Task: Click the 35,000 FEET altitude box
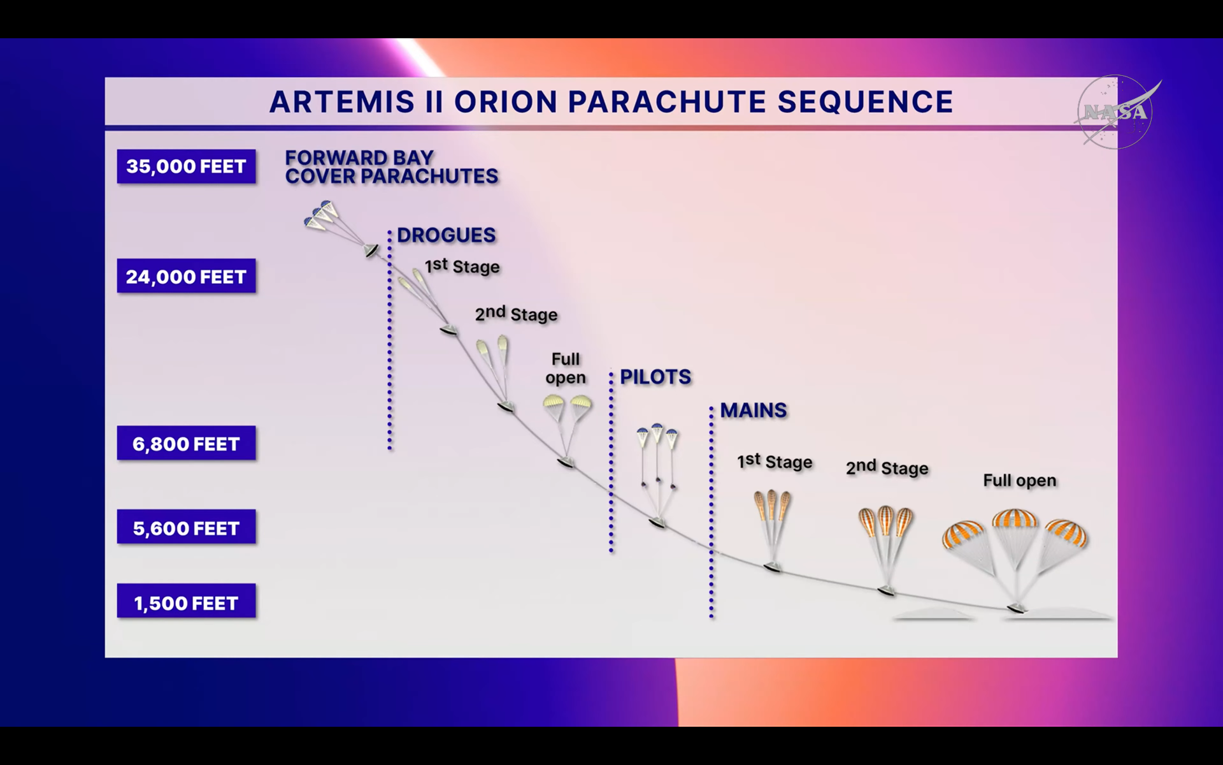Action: (186, 166)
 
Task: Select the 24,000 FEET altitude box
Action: (186, 276)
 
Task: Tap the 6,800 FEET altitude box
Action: (186, 443)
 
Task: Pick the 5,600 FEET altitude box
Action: (186, 527)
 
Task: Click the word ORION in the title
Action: (506, 102)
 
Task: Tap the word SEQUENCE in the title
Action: (865, 102)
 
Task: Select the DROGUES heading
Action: (446, 235)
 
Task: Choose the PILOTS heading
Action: (655, 377)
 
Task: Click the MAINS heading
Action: (754, 411)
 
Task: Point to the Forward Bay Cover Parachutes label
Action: (391, 167)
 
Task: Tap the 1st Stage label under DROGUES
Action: (462, 266)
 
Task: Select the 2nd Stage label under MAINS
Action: (887, 467)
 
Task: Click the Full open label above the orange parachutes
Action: (1019, 480)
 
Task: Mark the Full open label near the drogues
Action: (566, 368)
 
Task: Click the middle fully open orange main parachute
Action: (1015, 519)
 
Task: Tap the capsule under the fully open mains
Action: (1016, 608)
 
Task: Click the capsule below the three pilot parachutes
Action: (657, 523)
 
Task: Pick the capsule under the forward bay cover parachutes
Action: (371, 251)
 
